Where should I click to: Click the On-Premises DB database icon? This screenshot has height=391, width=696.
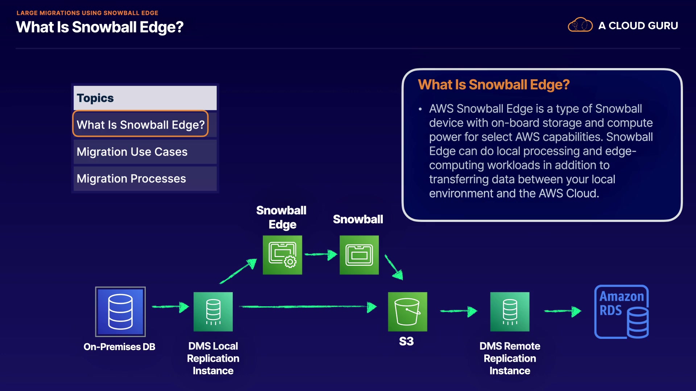click(x=120, y=312)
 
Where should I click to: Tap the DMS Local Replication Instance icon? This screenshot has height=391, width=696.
click(x=213, y=312)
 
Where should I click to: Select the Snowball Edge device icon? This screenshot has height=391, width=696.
click(x=282, y=255)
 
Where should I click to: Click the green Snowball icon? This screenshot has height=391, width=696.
click(x=359, y=255)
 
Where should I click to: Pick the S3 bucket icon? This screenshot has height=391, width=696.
click(x=407, y=312)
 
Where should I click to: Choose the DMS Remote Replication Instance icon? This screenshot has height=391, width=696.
click(x=510, y=312)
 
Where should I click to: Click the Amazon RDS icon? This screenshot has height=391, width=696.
click(x=622, y=312)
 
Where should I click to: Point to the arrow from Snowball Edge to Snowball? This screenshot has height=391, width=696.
click(x=321, y=255)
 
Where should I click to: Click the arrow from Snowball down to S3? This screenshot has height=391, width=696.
click(x=394, y=267)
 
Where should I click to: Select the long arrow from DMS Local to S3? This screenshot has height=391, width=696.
click(x=308, y=307)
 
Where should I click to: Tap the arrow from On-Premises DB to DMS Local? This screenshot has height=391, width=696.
click(x=170, y=307)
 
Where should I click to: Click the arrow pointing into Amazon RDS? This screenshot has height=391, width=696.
click(x=563, y=311)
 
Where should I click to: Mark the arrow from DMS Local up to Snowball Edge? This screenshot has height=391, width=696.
click(x=238, y=271)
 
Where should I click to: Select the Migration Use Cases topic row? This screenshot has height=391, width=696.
click(x=145, y=152)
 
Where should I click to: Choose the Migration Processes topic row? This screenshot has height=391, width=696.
click(x=145, y=178)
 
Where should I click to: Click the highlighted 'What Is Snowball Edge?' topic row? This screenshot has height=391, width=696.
click(x=141, y=124)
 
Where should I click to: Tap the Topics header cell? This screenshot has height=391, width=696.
click(x=145, y=98)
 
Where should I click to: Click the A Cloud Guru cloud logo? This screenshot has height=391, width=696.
click(x=580, y=25)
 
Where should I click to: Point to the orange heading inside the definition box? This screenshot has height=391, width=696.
click(x=494, y=85)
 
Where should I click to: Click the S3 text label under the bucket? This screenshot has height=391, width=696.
click(x=406, y=341)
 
